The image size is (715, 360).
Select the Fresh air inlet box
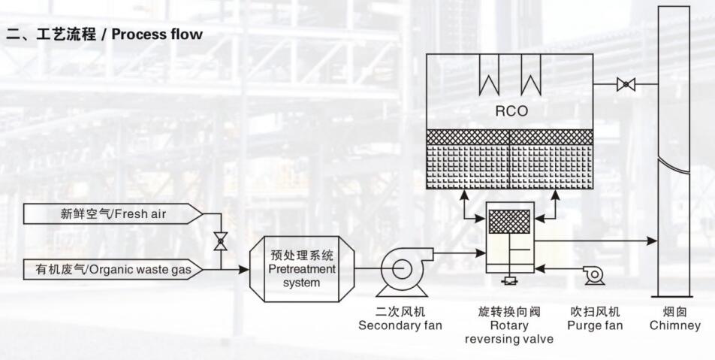[x=113, y=214]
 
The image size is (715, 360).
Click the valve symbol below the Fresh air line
[x=220, y=241]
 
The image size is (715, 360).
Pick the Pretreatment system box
[x=301, y=269]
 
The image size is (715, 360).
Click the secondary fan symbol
[x=401, y=271]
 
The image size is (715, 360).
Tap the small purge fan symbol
[x=594, y=275]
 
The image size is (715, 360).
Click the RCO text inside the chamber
[x=511, y=111]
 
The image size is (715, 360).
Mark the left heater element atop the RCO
[x=490, y=80]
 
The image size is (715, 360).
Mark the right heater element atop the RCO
[x=531, y=80]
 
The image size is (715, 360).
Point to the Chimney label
[x=674, y=319]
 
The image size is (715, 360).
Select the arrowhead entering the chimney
[x=653, y=241]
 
